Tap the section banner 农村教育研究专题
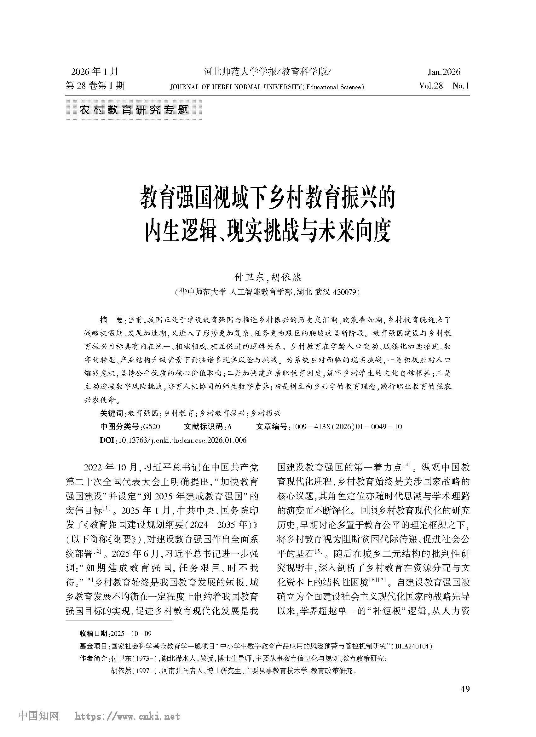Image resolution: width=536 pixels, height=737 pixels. (x=134, y=111)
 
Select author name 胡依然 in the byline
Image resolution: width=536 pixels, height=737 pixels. (x=286, y=277)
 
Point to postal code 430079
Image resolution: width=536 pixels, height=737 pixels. (x=344, y=292)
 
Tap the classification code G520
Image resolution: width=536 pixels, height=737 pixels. (x=151, y=427)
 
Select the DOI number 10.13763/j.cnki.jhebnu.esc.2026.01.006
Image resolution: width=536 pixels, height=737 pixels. (x=182, y=440)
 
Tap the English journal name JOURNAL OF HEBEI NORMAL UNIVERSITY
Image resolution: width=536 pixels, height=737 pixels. (x=236, y=87)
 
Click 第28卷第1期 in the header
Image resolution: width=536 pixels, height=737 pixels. (x=95, y=86)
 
